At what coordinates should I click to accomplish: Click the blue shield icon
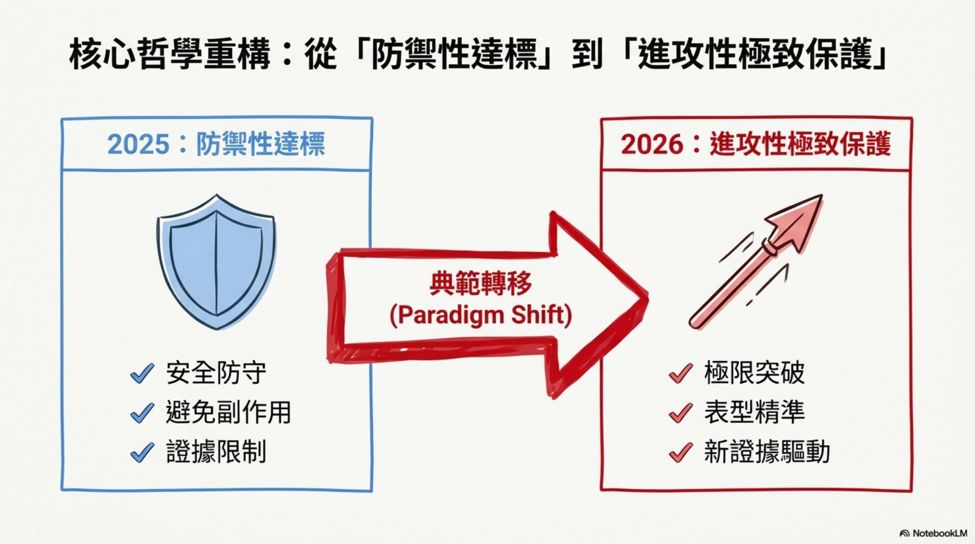click(217, 262)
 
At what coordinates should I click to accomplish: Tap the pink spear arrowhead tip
click(822, 195)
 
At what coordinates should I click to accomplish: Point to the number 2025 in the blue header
click(138, 144)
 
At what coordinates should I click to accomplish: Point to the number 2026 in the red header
click(652, 144)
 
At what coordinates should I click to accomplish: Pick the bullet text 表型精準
click(754, 412)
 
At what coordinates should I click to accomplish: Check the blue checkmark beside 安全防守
click(142, 373)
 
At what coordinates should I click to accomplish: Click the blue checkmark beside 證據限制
click(142, 452)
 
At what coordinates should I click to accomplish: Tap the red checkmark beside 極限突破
click(681, 373)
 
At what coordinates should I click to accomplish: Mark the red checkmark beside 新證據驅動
click(681, 452)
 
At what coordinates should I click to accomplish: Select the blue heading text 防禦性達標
click(260, 144)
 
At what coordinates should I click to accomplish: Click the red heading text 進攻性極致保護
click(800, 144)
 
